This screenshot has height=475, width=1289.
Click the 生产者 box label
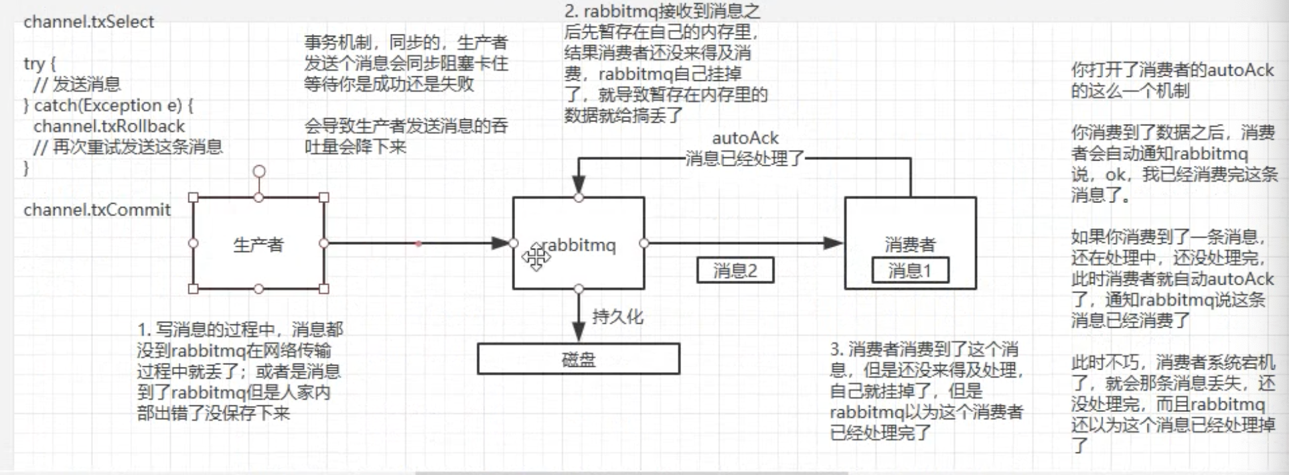(x=258, y=245)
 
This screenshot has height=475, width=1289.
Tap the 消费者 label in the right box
(x=909, y=245)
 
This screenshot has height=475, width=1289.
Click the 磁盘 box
(x=578, y=359)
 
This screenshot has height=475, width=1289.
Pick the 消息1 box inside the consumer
(x=909, y=270)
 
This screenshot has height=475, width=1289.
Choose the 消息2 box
(x=735, y=270)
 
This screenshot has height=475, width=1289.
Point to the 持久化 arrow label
(x=617, y=316)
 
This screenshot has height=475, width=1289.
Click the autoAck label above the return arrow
(x=745, y=138)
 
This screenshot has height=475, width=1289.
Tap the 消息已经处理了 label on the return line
(x=745, y=159)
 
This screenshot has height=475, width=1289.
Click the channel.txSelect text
(x=88, y=22)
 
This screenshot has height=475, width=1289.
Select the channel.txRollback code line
(x=109, y=126)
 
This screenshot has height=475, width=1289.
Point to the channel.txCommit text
(x=97, y=210)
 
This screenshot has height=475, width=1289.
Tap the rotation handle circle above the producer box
(x=259, y=171)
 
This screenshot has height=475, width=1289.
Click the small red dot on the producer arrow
(x=418, y=243)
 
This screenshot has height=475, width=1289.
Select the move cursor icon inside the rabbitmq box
(x=535, y=257)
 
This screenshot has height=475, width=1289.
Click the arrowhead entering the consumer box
(x=834, y=243)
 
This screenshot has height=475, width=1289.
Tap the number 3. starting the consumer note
(x=836, y=349)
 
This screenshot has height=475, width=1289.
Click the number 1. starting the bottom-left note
(x=144, y=329)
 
